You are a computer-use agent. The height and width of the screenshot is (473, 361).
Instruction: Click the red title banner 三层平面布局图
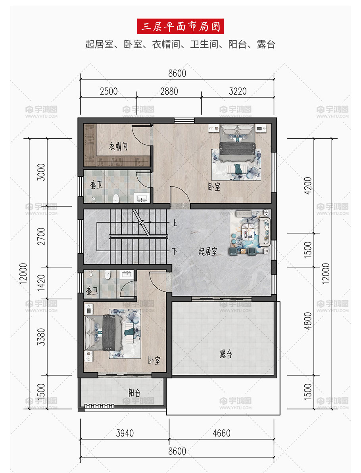coord(180,26)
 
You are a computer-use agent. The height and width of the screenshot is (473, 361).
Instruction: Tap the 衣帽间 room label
coord(118,147)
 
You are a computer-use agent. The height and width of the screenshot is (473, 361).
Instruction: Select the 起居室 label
coord(207,251)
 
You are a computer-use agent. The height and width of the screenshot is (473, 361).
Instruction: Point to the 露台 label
coord(226,354)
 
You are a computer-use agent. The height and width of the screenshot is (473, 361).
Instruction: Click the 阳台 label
coord(134,393)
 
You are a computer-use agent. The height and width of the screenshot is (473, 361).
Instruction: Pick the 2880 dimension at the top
coord(169,91)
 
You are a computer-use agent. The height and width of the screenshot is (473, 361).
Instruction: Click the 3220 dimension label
coord(238,91)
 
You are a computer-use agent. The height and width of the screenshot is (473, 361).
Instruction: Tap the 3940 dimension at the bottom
coord(125,433)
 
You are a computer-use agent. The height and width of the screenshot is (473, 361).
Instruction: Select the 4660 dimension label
coord(222,433)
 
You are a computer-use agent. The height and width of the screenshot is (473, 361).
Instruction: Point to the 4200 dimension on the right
coord(308,186)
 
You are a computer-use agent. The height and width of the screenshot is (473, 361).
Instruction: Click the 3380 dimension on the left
coord(41,337)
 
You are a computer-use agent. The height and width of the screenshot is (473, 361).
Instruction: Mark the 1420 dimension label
coord(41,283)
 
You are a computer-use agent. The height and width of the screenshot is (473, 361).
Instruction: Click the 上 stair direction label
coord(174,223)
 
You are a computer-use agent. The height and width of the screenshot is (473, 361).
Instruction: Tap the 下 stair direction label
coord(174,251)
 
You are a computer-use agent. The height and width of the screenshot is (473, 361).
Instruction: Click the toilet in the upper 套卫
coord(115,198)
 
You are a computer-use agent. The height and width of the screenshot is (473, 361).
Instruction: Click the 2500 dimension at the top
coord(109,91)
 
